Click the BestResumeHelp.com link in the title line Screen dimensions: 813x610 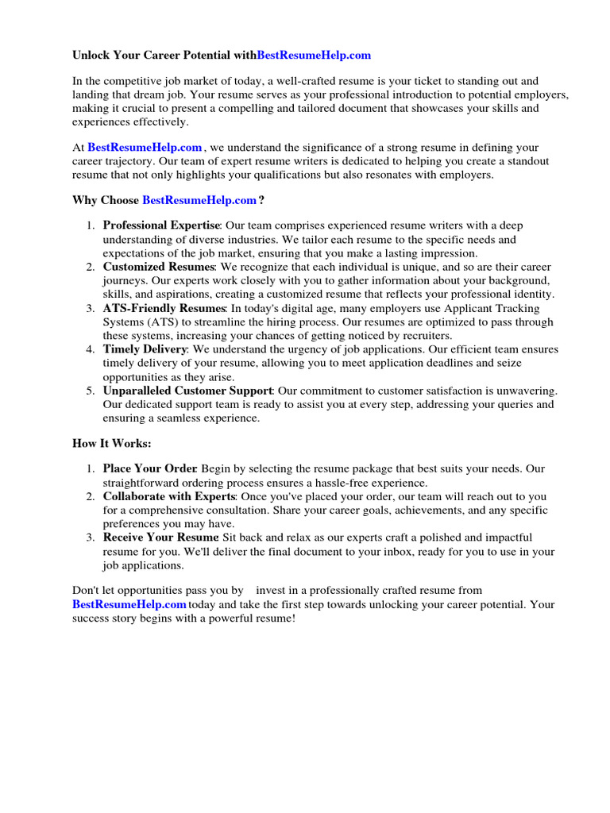[x=314, y=56]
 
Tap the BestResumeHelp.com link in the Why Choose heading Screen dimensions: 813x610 [x=199, y=200]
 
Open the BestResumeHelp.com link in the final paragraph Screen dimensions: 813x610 [x=129, y=604]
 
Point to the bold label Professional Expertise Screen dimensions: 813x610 [x=161, y=225]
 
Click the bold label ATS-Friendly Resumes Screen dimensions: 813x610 [x=164, y=308]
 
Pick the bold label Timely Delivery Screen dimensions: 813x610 [x=145, y=349]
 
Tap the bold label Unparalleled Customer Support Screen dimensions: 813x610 [x=188, y=391]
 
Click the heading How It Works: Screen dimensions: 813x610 [x=111, y=443]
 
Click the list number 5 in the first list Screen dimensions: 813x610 [x=90, y=391]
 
